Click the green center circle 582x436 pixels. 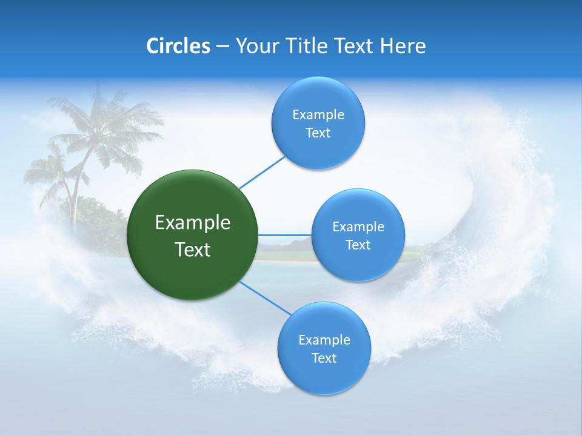(x=193, y=235)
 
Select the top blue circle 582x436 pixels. (x=318, y=123)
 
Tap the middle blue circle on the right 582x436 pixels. (x=358, y=235)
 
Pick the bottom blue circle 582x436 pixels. (x=324, y=348)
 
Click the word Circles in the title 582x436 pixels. (x=178, y=45)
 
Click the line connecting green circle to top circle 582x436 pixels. (x=263, y=172)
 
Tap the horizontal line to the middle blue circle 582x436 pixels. (x=284, y=235)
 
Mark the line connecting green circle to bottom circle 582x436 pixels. (x=266, y=298)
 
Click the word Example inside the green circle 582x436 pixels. (x=193, y=222)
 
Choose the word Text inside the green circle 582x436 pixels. (x=193, y=249)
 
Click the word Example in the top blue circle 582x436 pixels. (x=318, y=114)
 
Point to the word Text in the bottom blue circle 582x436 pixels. (x=324, y=358)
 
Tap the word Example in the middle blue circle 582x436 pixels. (x=358, y=226)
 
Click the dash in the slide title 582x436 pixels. (x=222, y=46)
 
